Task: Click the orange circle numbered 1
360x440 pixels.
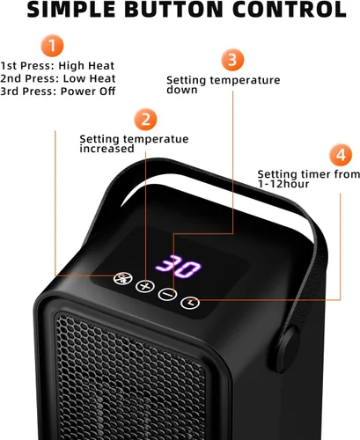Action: click(x=52, y=46)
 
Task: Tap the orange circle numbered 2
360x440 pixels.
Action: click(x=145, y=120)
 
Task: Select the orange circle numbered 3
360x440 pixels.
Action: click(x=232, y=60)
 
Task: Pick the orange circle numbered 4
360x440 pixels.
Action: click(x=341, y=155)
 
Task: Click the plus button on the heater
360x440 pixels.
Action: click(x=145, y=286)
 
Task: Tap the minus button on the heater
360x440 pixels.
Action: click(x=167, y=294)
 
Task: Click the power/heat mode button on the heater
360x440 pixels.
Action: click(x=123, y=278)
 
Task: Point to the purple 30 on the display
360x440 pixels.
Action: click(x=178, y=267)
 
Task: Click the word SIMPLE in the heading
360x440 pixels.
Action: click(x=71, y=10)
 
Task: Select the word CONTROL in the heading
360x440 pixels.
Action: click(x=290, y=10)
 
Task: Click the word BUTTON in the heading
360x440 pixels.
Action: click(x=174, y=10)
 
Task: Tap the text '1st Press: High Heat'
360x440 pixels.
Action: click(x=57, y=66)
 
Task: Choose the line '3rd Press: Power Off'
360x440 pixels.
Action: click(x=58, y=92)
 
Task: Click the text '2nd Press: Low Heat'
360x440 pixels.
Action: click(x=58, y=78)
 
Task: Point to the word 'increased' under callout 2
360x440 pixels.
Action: click(x=107, y=149)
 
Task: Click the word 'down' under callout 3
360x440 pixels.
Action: click(x=182, y=90)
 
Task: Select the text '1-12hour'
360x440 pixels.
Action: click(x=283, y=184)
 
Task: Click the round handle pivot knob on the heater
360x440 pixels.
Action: click(x=288, y=349)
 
